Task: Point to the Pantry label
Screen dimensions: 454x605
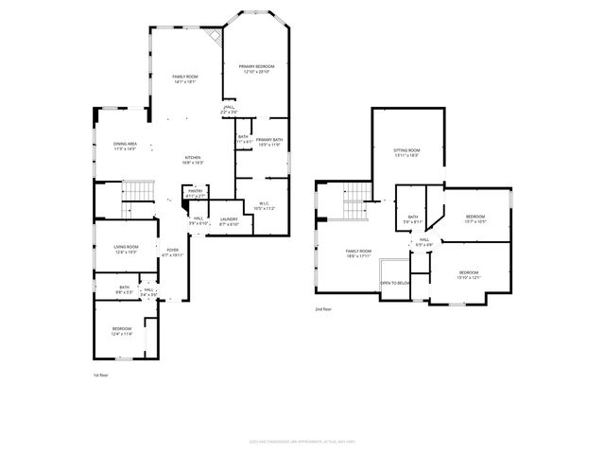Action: pos(196,192)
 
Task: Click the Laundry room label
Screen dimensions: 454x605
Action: pos(229,221)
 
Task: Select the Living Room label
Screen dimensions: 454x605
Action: pos(126,249)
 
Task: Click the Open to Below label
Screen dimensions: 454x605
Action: pos(395,283)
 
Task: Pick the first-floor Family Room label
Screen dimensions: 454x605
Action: pos(184,79)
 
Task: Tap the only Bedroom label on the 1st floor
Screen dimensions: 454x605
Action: pos(122,331)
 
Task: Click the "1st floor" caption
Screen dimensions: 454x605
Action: pos(102,375)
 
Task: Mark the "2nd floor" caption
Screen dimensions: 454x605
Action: pos(324,308)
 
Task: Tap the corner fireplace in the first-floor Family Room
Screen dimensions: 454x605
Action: pos(216,36)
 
